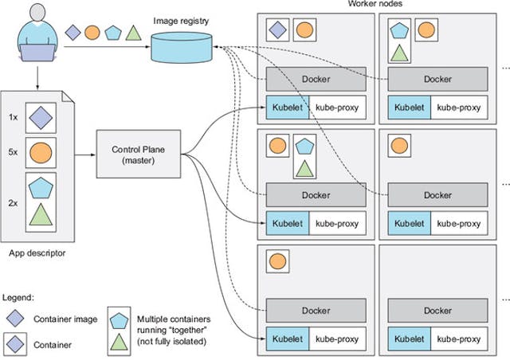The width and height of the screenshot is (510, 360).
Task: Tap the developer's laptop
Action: click(34, 53)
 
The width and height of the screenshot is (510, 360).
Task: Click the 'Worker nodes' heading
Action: click(374, 5)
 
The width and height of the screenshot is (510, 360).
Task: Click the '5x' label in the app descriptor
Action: click(13, 151)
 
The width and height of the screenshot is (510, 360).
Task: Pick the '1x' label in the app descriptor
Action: click(13, 116)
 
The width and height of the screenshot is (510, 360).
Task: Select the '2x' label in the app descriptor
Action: click(13, 202)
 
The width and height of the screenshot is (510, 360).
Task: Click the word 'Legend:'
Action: click(17, 296)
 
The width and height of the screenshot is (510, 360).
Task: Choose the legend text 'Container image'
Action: click(65, 319)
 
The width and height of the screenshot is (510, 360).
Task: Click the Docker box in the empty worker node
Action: click(437, 311)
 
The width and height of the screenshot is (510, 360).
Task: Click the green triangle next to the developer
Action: click(135, 33)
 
